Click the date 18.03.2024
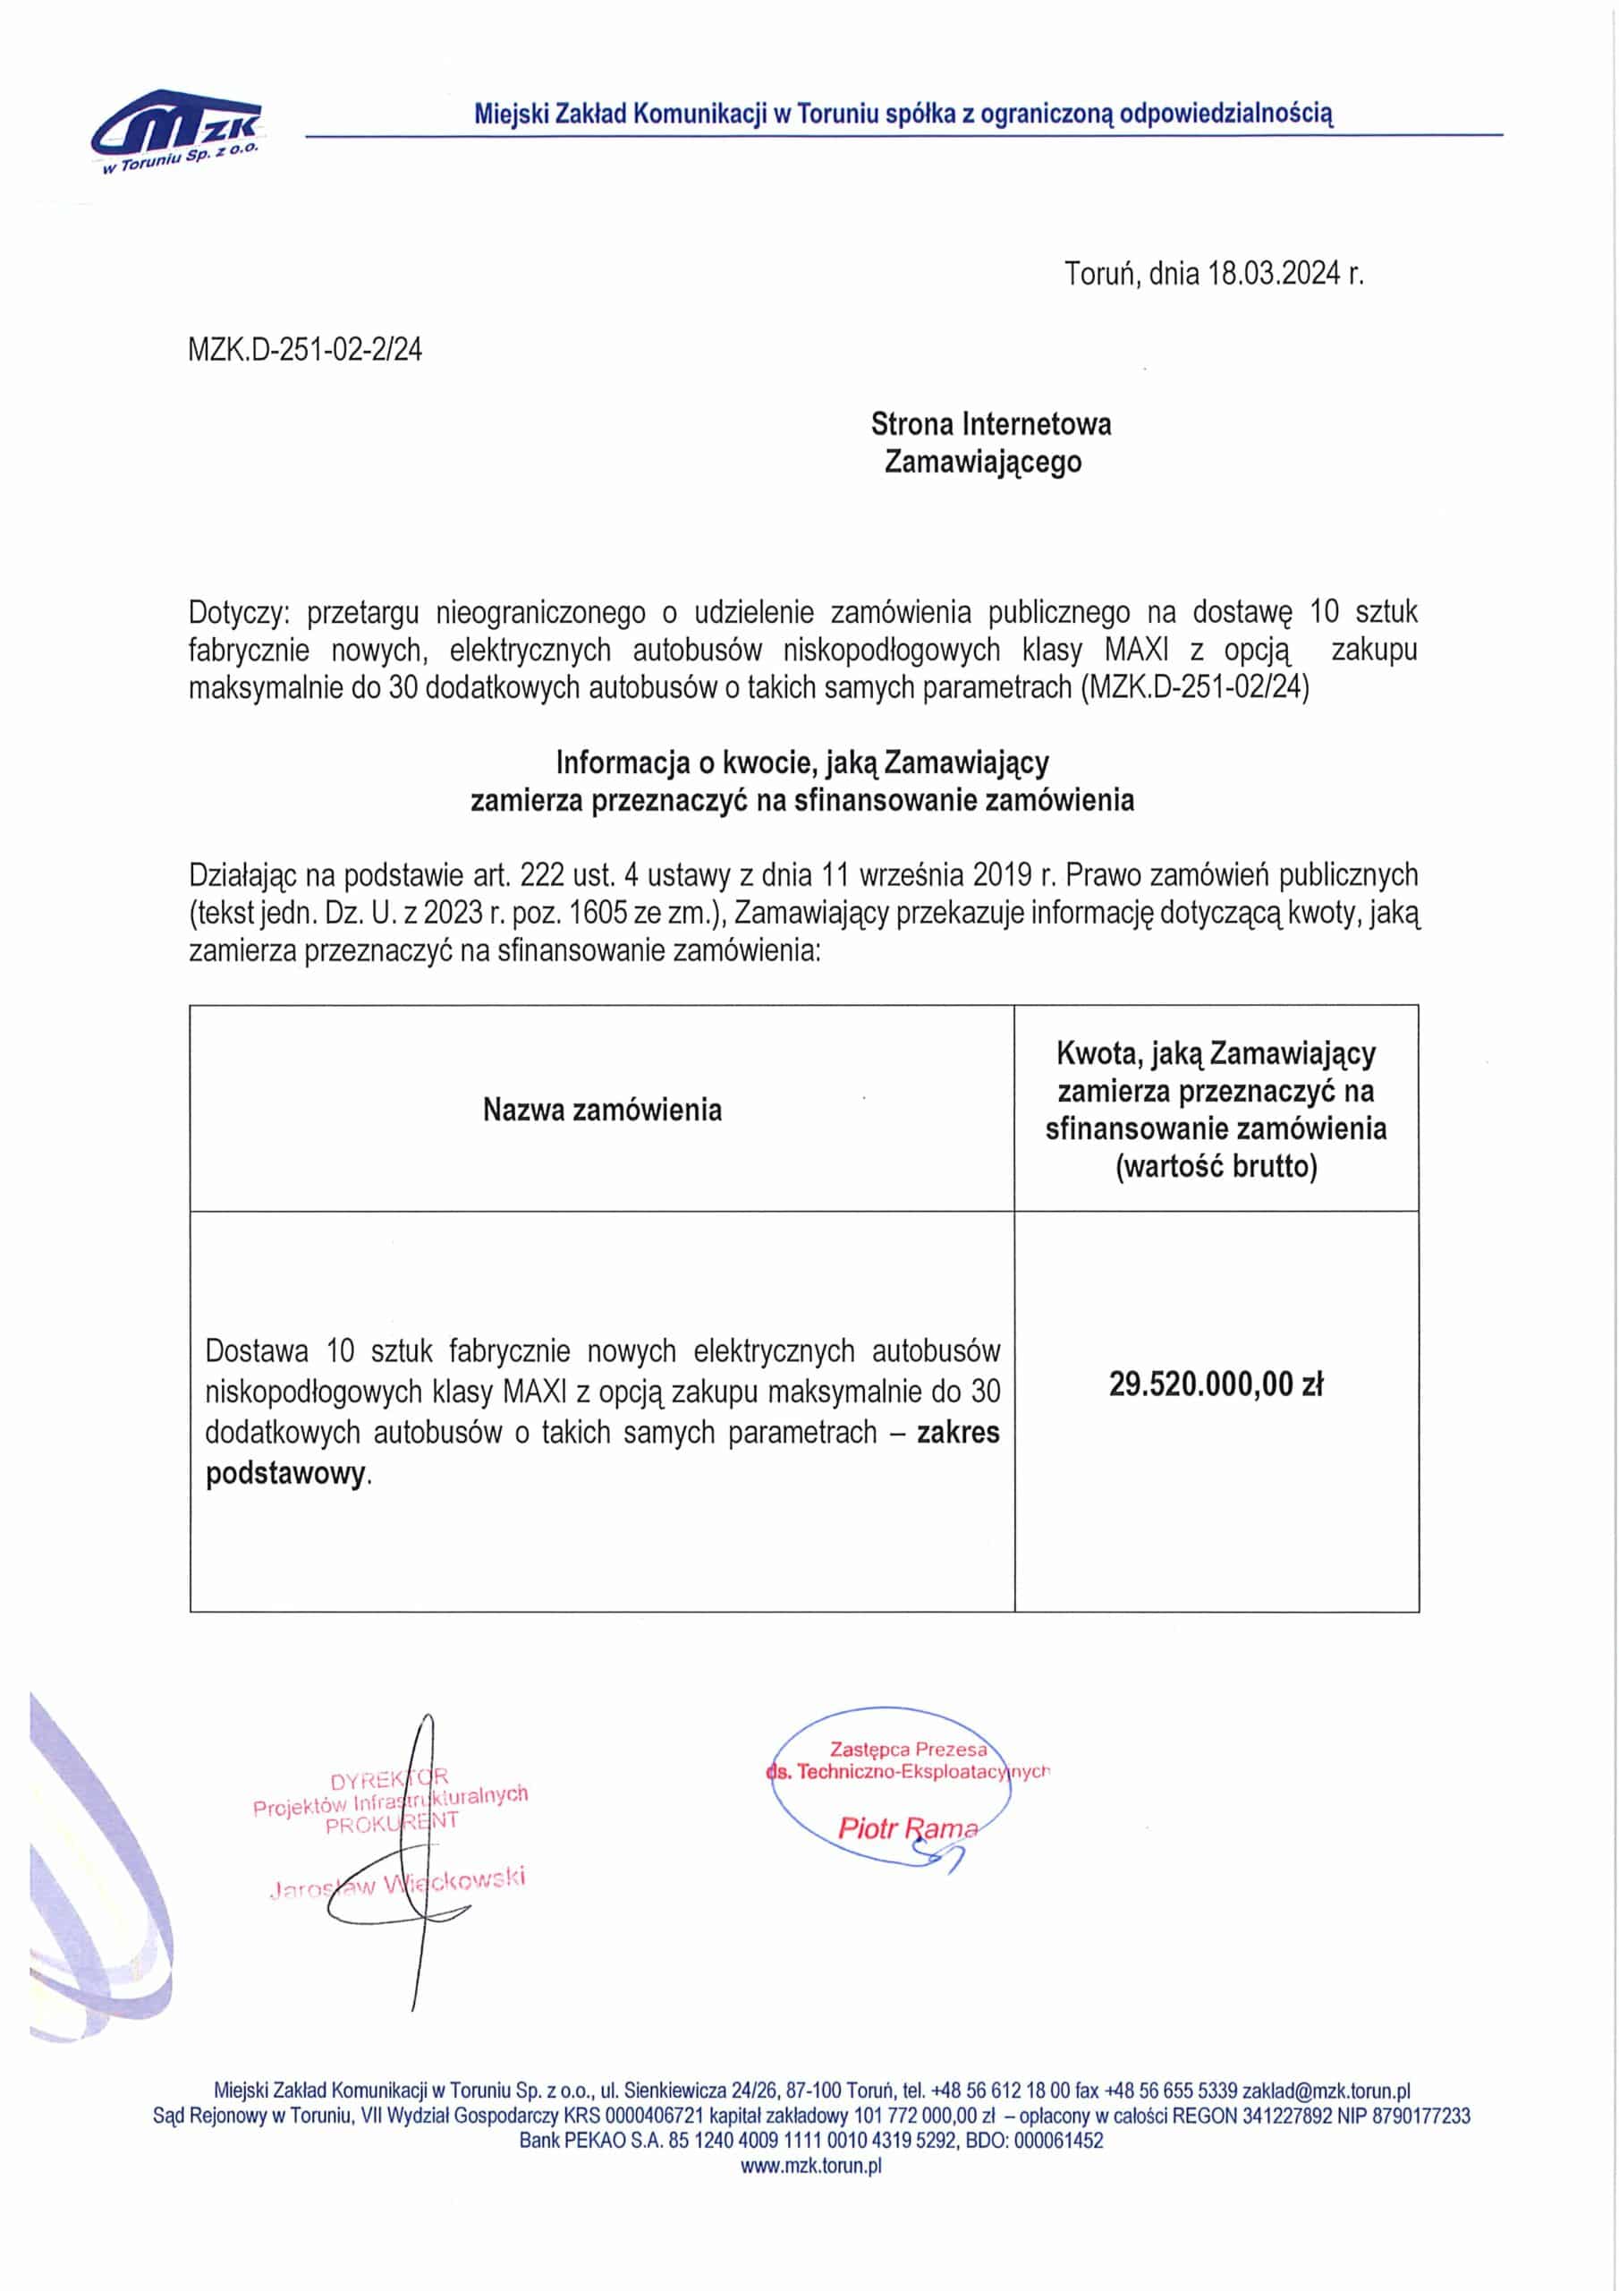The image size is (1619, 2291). [1273, 274]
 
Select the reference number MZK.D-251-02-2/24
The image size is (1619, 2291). [304, 349]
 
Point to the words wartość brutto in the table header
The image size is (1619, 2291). [1216, 1165]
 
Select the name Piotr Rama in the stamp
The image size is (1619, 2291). [907, 1828]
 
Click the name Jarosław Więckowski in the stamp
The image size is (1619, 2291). [397, 1882]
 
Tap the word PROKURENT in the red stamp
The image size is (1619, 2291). [391, 1822]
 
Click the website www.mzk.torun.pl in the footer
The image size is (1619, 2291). [811, 2166]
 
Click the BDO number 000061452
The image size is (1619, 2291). [1057, 2141]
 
